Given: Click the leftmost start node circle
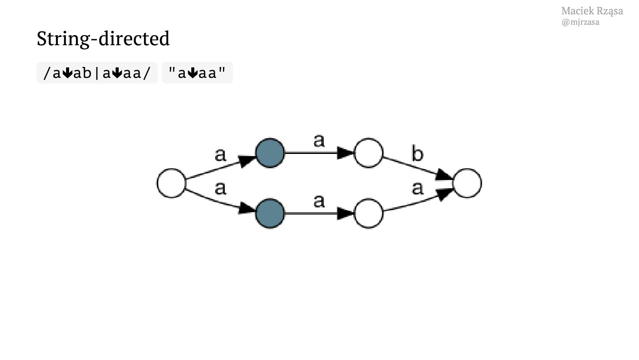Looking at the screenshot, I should coord(171,183).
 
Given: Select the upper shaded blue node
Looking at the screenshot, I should coord(270,153).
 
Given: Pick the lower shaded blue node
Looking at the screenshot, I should coord(270,213).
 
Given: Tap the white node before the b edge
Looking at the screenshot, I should coord(369,153).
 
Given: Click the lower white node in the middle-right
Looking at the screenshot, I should coord(369,213).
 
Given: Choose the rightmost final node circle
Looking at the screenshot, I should coord(467,183).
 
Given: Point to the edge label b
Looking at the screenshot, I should coord(417,154).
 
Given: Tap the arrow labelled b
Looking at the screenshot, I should coord(417,168).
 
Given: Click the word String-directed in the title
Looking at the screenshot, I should coord(103,38).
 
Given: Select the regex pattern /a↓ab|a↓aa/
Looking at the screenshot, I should coord(97,73).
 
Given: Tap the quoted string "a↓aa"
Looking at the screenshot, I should coord(197,73).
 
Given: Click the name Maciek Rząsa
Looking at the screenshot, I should coord(592,11).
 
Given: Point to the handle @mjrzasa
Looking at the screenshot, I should coord(580,22).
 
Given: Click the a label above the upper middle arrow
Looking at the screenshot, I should coord(319,140).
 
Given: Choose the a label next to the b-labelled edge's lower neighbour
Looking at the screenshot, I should coord(417,188).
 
